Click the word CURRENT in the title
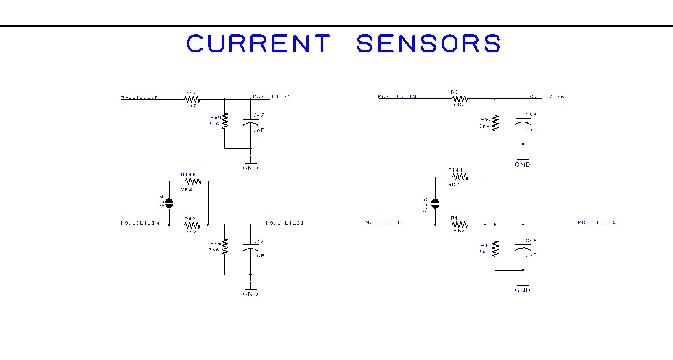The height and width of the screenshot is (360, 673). [x=258, y=43]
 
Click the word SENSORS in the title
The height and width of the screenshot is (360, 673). [x=428, y=43]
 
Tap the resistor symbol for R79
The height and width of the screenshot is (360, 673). [x=192, y=99]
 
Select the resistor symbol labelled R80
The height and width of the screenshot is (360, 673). [x=224, y=121]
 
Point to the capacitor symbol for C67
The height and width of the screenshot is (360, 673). [x=250, y=122]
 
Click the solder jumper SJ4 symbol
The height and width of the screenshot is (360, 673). [x=169, y=202]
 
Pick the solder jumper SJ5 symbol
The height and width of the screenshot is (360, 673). [x=435, y=203]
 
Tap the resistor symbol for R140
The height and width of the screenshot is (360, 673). [x=192, y=181]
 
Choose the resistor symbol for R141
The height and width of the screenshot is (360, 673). [x=460, y=177]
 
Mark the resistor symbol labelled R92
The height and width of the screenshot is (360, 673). [x=495, y=123]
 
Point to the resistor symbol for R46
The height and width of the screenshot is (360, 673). [x=224, y=247]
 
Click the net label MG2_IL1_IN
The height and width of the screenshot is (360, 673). [x=139, y=97]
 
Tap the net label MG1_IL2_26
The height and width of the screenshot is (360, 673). [x=597, y=223]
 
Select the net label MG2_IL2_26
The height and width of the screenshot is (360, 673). [x=545, y=97]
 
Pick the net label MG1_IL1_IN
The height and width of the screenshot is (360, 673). [x=140, y=223]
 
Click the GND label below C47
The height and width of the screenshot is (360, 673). [x=250, y=294]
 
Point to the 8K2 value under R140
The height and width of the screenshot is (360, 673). [x=187, y=189]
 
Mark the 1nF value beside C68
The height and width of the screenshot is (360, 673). [x=531, y=129]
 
